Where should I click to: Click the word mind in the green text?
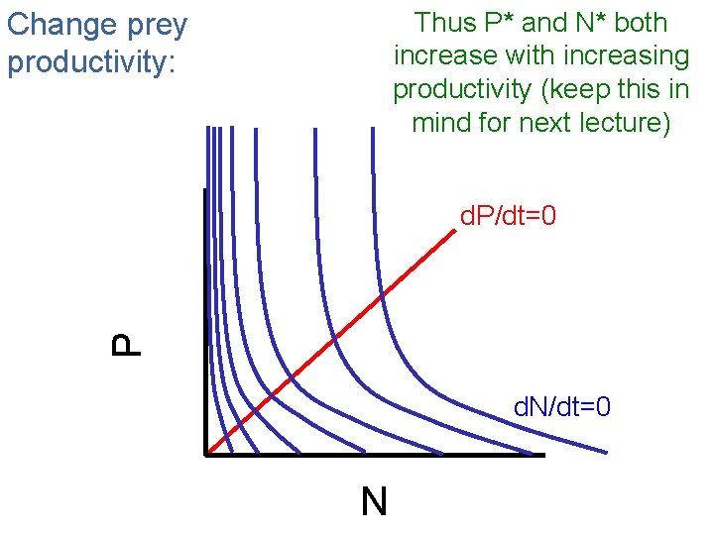pyautogui.click(x=442, y=124)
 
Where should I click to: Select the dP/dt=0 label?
pyautogui.click(x=508, y=215)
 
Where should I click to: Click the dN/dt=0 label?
pyautogui.click(x=561, y=406)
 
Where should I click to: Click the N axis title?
pyautogui.click(x=374, y=502)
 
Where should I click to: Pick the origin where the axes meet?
pyautogui.click(x=205, y=454)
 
